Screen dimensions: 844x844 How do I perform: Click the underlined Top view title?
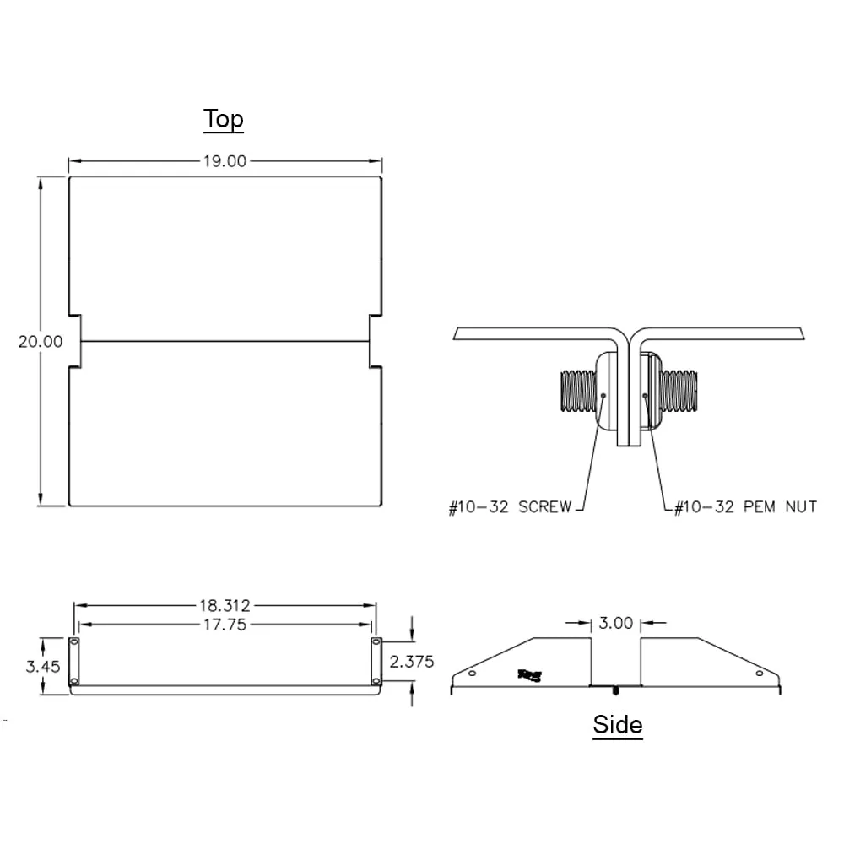click(x=224, y=120)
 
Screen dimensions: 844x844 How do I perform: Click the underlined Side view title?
click(x=617, y=725)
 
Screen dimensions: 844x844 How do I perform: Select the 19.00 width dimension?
click(x=224, y=161)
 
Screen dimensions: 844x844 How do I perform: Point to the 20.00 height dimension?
click(x=41, y=341)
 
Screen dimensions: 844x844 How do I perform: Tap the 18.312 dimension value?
click(x=225, y=606)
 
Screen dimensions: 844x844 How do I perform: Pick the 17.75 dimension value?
click(x=225, y=625)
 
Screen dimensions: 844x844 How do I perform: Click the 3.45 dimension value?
click(x=42, y=666)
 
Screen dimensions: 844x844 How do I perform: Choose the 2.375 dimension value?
click(x=412, y=661)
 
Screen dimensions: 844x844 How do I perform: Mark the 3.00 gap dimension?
click(x=615, y=624)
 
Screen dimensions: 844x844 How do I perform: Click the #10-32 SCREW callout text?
click(x=510, y=507)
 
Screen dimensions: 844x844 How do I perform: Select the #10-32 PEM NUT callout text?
click(x=745, y=507)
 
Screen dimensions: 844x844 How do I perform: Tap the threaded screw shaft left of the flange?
click(x=577, y=392)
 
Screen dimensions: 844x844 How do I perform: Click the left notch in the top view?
click(x=74, y=341)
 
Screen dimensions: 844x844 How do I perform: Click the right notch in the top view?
click(x=376, y=341)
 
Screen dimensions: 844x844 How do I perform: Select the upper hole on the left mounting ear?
click(x=73, y=644)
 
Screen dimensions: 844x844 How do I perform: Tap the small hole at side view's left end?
click(x=472, y=673)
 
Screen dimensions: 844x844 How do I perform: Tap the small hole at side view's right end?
click(x=760, y=673)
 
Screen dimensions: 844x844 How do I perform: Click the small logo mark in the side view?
click(x=531, y=674)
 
